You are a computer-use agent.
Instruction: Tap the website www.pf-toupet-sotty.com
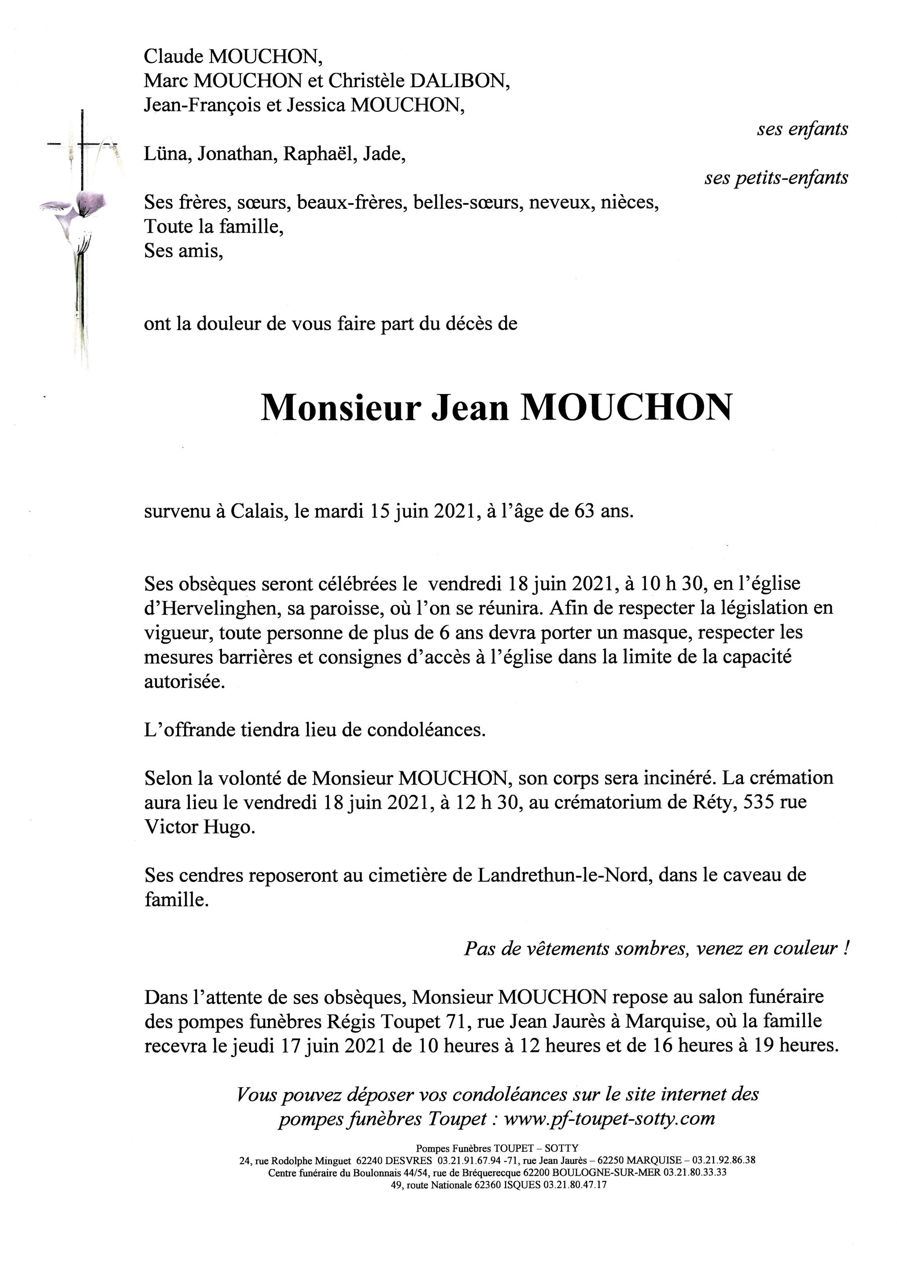click(x=609, y=1118)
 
